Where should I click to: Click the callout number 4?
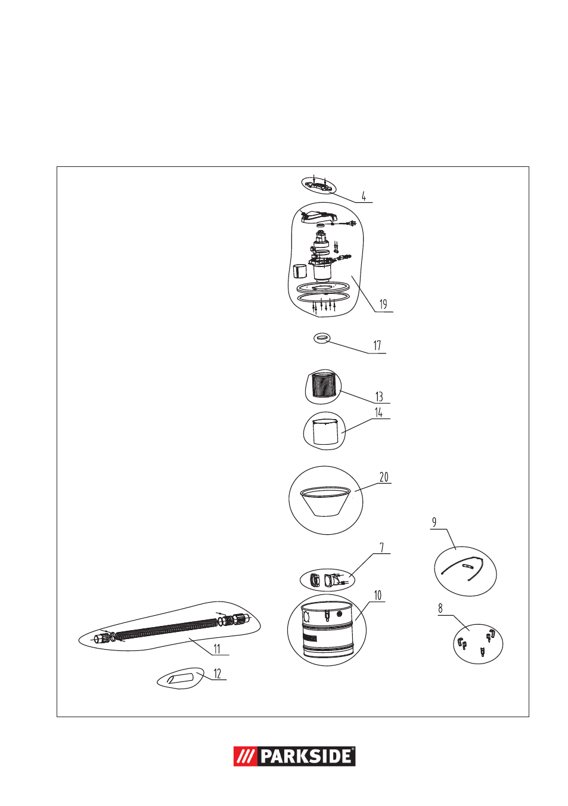(364, 197)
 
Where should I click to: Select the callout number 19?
(383, 305)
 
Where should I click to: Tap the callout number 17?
(377, 346)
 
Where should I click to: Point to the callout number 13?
(379, 396)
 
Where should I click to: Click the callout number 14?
(378, 413)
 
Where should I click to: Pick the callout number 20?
(384, 477)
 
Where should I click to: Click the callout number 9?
(434, 522)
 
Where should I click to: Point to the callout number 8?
(440, 609)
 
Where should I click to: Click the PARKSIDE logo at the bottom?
(294, 756)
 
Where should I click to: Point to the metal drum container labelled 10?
(327, 630)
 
